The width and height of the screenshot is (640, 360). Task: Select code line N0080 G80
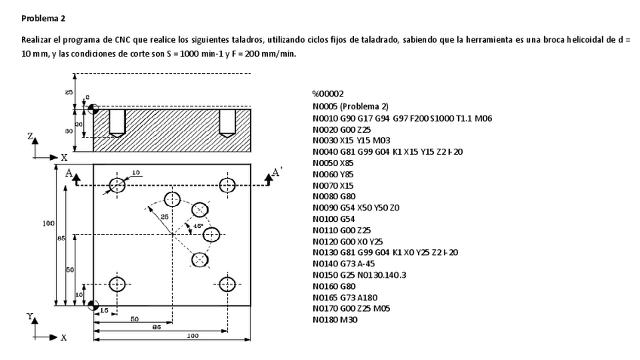coord(336,196)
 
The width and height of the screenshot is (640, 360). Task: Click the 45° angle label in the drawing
coord(198,226)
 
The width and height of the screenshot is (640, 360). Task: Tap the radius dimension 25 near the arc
coord(164,217)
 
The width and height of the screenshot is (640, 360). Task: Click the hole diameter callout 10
coord(137,173)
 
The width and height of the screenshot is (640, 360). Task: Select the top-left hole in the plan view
coord(117,185)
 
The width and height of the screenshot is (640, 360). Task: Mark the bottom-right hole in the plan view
coord(228,285)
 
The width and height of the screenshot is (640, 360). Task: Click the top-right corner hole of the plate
coord(228,185)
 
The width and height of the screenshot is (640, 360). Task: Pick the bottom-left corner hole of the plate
coord(117,285)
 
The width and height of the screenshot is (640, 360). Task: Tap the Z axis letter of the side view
coord(29,137)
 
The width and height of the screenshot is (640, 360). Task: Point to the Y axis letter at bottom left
coord(29,318)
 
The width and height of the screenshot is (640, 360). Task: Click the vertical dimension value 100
coord(48,223)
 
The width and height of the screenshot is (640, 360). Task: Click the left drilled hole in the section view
coord(116,123)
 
